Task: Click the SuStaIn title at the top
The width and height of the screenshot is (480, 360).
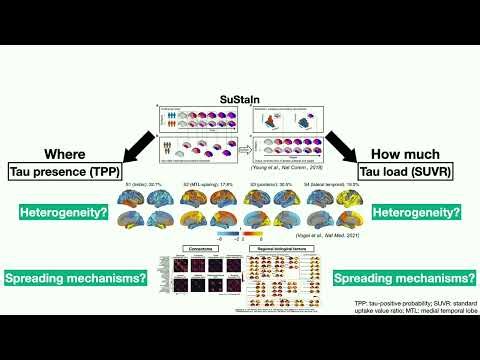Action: (239, 101)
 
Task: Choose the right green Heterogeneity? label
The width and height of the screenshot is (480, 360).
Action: (414, 211)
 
